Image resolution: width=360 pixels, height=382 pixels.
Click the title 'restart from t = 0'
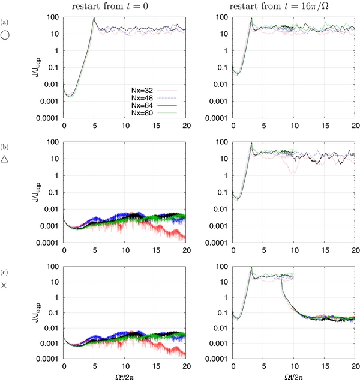[x=124, y=6]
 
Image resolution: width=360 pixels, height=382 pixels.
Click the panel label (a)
[x=5, y=23]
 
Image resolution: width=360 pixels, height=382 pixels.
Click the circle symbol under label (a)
[x=5, y=36]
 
